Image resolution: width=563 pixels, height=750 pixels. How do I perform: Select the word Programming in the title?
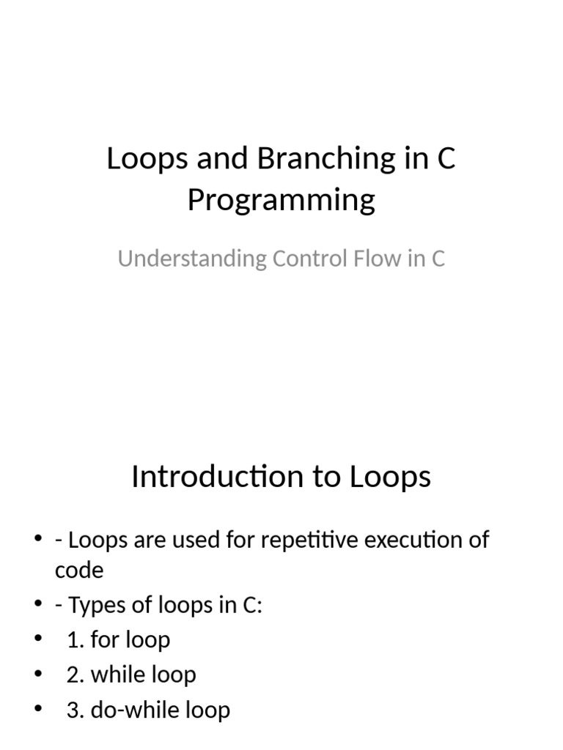coord(281,200)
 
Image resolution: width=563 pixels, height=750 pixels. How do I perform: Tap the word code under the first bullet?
coord(79,570)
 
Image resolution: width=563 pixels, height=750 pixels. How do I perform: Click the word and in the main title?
coord(227,159)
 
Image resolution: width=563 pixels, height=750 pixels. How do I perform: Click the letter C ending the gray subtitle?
coord(438,259)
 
